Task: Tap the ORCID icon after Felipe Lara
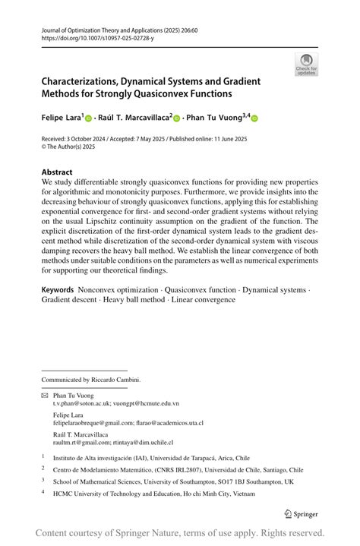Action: [88, 118]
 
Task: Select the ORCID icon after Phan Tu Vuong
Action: [254, 118]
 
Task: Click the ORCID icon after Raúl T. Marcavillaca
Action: [177, 118]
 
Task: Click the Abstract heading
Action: [57, 172]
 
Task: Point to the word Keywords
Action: [58, 290]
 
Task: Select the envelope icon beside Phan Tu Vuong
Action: [44, 396]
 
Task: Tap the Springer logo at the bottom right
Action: [300, 513]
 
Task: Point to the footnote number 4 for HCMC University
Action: [43, 492]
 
